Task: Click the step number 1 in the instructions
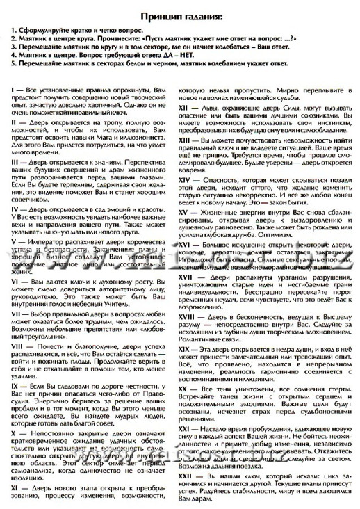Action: pos(15,32)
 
